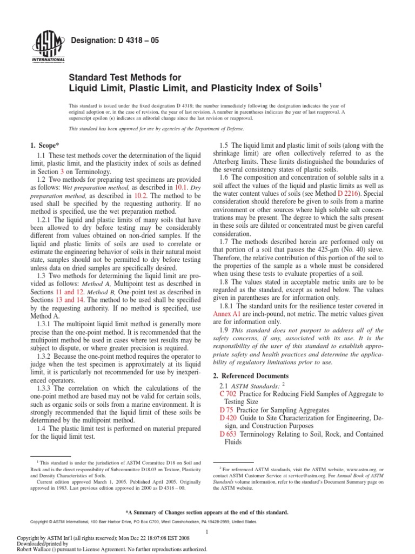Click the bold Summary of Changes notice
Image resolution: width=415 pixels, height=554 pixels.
[207, 512]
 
